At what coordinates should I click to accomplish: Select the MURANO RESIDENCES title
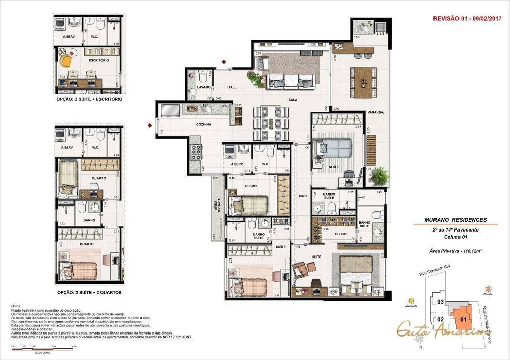pyautogui.click(x=455, y=220)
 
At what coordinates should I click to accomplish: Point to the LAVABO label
pyautogui.click(x=196, y=87)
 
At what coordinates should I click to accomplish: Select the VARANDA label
pyautogui.click(x=376, y=112)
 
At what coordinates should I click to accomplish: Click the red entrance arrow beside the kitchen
pyautogui.click(x=150, y=124)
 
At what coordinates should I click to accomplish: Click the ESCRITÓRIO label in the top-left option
pyautogui.click(x=98, y=60)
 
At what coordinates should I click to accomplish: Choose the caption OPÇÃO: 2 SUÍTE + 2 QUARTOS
pyautogui.click(x=89, y=293)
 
